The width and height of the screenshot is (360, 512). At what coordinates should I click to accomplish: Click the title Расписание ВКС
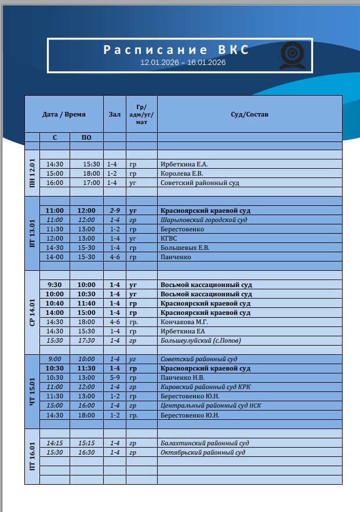point(176,50)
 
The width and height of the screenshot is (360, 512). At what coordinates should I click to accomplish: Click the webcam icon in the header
point(292,56)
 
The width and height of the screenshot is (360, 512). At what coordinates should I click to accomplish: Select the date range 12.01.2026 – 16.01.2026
point(183,62)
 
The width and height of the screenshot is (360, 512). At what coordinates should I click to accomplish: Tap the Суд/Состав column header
point(249,114)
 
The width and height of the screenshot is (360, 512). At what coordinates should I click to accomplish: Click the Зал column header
point(114,114)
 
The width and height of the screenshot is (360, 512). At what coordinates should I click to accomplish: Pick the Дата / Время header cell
point(64,114)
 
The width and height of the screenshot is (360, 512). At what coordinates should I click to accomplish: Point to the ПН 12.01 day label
point(32,173)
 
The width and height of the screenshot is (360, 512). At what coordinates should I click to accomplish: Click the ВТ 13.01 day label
point(32,233)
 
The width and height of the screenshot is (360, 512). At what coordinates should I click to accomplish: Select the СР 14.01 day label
point(32,312)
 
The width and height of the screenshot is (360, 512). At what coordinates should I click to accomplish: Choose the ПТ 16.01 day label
point(32,456)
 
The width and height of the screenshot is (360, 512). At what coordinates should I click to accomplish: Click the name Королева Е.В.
point(181,173)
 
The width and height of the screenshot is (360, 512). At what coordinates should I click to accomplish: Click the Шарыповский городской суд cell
point(203,220)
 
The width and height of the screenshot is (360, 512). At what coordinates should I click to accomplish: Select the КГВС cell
point(169,238)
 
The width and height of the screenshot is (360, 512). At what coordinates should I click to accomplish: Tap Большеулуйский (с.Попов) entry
point(200,340)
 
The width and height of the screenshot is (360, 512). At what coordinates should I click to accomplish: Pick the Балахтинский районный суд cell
point(205,443)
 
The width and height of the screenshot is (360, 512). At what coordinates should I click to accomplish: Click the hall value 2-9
point(114,210)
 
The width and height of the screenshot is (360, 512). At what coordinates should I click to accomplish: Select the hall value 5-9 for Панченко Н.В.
point(114,377)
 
